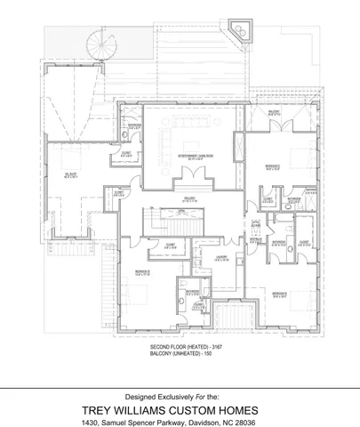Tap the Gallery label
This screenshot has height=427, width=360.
[189, 199]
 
